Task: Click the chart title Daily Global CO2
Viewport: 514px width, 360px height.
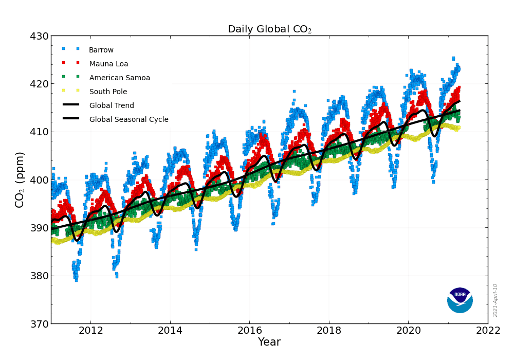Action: [269, 29]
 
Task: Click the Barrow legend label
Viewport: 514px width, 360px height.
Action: [101, 50]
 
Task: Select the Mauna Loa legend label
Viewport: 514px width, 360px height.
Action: [108, 64]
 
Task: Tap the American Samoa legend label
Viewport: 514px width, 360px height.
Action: [120, 78]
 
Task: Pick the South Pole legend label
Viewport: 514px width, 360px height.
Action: [108, 92]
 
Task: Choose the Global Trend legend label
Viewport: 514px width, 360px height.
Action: [112, 106]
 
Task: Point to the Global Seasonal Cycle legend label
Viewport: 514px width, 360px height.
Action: [128, 120]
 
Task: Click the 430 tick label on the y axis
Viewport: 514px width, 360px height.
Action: [39, 37]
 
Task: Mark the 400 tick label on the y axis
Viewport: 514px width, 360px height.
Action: [39, 180]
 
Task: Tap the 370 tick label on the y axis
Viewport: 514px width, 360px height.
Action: [39, 324]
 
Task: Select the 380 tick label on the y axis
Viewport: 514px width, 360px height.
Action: [39, 276]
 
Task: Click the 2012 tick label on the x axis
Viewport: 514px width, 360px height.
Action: [90, 330]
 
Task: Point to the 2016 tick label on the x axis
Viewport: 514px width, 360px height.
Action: [250, 330]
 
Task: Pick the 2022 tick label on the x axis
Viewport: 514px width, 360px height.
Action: [488, 330]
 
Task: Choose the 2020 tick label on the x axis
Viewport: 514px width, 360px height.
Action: [409, 330]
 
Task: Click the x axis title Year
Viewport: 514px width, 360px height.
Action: [269, 343]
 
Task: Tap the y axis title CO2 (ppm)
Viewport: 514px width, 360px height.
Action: [20, 179]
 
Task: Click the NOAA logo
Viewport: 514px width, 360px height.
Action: [460, 300]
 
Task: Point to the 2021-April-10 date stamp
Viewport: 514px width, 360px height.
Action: [495, 300]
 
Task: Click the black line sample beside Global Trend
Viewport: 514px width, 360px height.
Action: [71, 105]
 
